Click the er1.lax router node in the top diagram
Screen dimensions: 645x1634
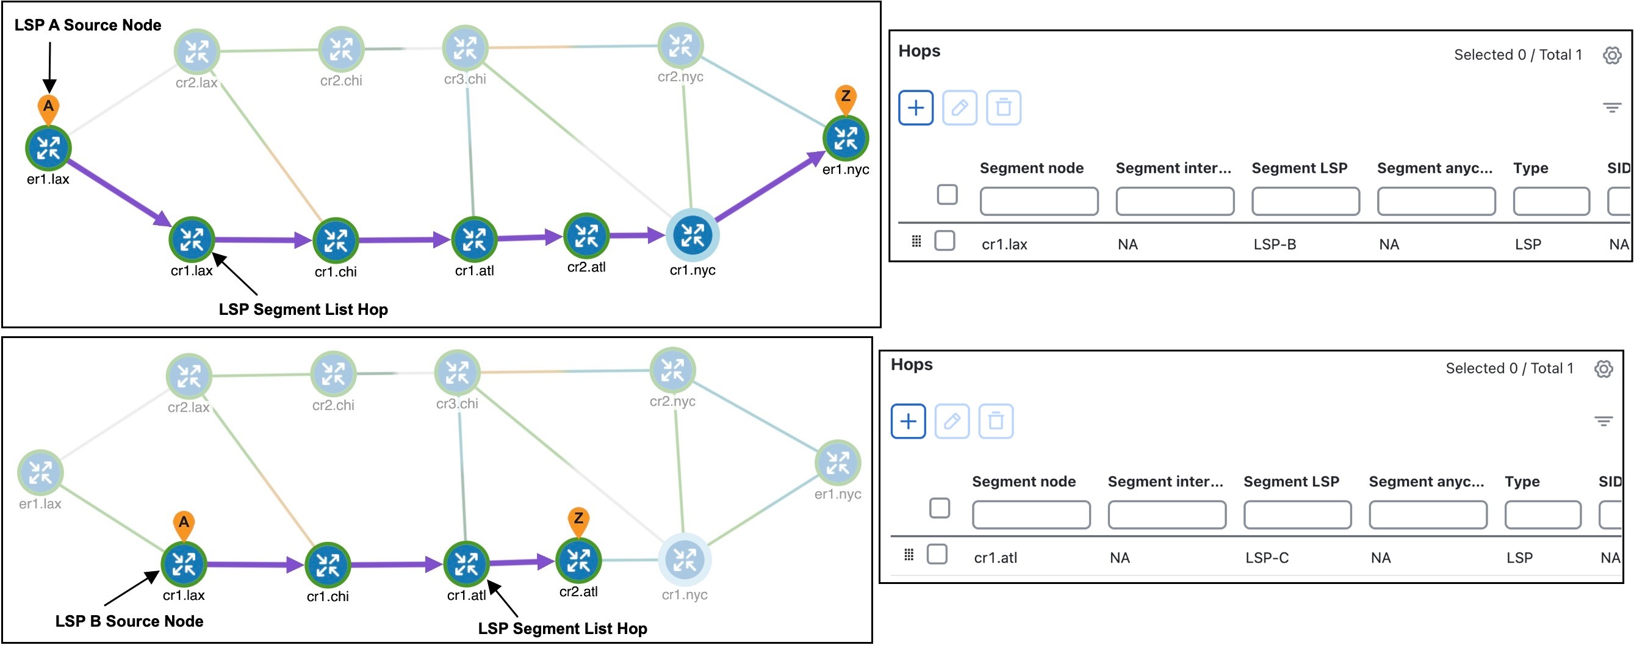(48, 148)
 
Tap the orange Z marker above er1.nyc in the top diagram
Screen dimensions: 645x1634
(845, 97)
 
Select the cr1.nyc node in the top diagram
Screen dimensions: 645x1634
(692, 235)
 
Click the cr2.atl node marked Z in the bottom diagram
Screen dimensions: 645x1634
(578, 560)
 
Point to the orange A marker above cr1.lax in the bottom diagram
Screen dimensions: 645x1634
(183, 522)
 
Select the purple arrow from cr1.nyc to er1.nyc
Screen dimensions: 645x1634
(768, 188)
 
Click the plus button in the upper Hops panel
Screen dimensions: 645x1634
(915, 108)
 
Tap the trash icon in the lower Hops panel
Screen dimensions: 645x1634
(995, 421)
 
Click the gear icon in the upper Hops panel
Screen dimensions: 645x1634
(1612, 55)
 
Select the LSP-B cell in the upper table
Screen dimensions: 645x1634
(1275, 244)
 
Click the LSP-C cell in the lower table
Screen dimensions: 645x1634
(1266, 558)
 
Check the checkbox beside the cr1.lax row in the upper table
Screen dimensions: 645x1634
(945, 241)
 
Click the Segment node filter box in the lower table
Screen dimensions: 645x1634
(1031, 514)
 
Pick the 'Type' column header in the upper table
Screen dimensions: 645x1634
(1530, 168)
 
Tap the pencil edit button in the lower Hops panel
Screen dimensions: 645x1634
(951, 421)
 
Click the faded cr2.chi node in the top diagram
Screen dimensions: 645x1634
(340, 49)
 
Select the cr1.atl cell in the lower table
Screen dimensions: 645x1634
(995, 558)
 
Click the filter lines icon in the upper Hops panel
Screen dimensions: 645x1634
(1612, 108)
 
